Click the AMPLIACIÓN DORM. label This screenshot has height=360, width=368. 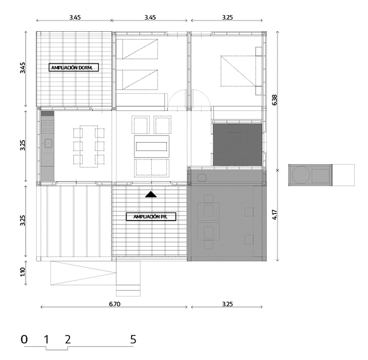pos(74,67)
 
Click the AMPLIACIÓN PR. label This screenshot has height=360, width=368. pos(151,217)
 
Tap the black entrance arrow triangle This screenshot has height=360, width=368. pos(151,194)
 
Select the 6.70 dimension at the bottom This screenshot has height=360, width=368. pos(114,304)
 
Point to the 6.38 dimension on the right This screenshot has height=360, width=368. pos(275,100)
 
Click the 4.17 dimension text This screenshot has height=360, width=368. pos(275,214)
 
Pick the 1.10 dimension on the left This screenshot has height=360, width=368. pos(23,272)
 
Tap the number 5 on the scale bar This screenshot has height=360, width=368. pos(133,339)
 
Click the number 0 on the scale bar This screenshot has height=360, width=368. pos(24,339)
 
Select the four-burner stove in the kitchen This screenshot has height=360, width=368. pos(48,127)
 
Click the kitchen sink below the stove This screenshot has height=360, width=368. pos(48,142)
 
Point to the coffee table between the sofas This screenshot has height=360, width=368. pos(152,147)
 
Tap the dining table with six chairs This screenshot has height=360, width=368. pos(89,147)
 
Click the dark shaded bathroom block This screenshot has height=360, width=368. pos(237,145)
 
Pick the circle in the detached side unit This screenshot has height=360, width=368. pos(300,175)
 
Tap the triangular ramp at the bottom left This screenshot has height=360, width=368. pos(83,273)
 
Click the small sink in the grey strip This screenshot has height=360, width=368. pos(202,178)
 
